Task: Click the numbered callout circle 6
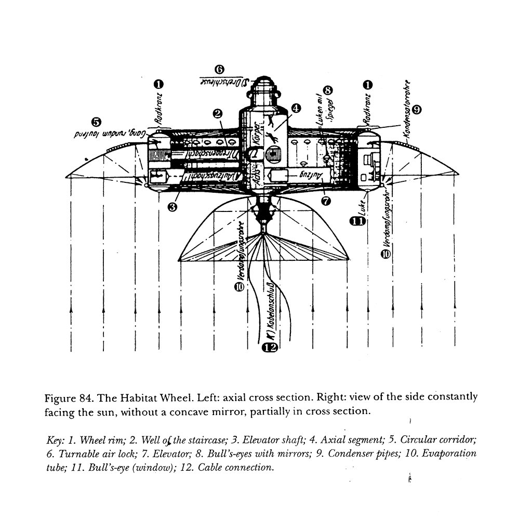click(219, 69)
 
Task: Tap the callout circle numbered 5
click(96, 122)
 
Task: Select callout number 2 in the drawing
click(218, 113)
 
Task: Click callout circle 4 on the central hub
click(295, 108)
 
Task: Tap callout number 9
click(417, 109)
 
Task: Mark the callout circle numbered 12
click(269, 348)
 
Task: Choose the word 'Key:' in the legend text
click(56, 440)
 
